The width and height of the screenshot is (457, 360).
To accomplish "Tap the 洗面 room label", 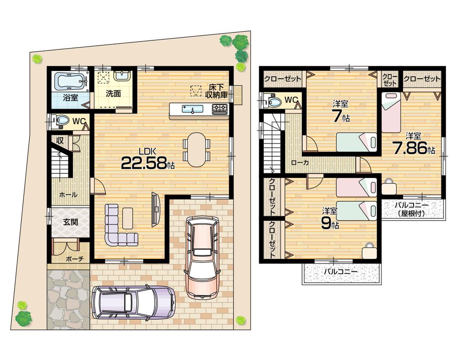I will click(113, 93).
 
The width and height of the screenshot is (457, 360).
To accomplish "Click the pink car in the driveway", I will click(202, 256).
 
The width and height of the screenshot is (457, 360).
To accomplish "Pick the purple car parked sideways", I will click(133, 302).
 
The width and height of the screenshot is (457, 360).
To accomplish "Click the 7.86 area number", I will click(413, 147).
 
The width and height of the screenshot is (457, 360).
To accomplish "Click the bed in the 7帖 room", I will click(356, 142).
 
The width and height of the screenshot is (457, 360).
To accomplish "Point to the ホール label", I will click(68, 194).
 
